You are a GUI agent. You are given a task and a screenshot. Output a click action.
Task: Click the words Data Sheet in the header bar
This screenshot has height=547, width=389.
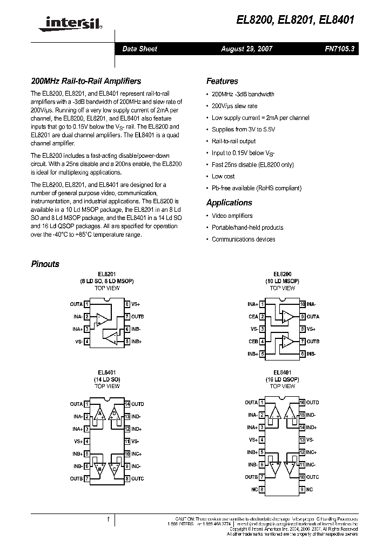[x=139, y=49]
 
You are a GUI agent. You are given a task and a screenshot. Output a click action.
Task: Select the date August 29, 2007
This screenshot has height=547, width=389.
[x=247, y=49]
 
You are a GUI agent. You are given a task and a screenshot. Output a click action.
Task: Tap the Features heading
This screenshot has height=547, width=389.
[x=222, y=81]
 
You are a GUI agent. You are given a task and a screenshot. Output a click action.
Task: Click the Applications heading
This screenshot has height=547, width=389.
[x=229, y=203]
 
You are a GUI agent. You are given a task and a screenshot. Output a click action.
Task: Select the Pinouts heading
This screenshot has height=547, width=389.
[x=45, y=264]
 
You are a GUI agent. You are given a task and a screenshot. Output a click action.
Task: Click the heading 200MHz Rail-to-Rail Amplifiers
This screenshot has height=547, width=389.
[x=86, y=81]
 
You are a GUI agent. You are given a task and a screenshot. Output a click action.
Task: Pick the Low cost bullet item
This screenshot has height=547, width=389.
[x=223, y=176]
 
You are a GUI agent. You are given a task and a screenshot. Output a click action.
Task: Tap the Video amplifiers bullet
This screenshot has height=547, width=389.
[x=232, y=216]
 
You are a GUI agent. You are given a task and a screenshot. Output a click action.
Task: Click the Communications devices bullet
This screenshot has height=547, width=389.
[x=243, y=239]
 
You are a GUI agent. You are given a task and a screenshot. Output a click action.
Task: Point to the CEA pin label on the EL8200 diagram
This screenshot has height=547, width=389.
[x=253, y=317]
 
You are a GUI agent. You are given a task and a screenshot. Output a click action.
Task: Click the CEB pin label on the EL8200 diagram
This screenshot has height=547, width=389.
[x=253, y=341]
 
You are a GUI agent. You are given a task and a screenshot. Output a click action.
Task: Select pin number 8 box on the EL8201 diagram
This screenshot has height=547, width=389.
[x=127, y=304]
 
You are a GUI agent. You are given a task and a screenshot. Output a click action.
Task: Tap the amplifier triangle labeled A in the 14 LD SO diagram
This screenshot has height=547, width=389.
[x=99, y=415]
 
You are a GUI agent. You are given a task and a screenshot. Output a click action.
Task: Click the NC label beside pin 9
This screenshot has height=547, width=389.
[x=310, y=490]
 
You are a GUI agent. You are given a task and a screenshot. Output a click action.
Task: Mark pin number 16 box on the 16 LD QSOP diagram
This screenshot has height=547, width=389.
[x=303, y=403]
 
